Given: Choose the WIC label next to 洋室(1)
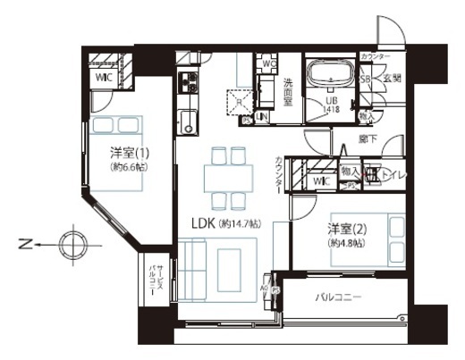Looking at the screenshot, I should [104, 78].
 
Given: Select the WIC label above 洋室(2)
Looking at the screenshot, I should [322, 181].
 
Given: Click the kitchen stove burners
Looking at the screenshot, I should [189, 85].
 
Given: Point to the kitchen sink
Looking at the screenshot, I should [188, 121].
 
